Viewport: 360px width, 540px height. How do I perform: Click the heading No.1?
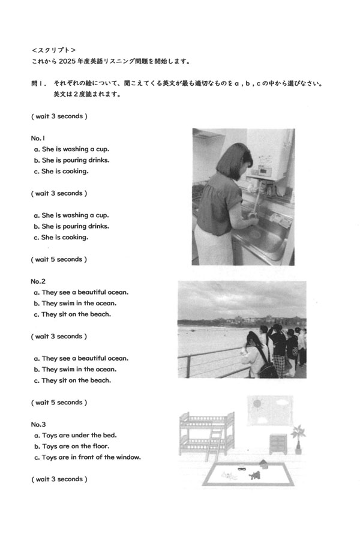point(38,137)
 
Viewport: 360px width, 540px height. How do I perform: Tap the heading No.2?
point(38,281)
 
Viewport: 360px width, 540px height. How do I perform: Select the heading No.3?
point(38,424)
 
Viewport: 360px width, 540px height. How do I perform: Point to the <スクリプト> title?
point(53,50)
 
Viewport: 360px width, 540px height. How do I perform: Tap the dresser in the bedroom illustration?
point(278,444)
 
